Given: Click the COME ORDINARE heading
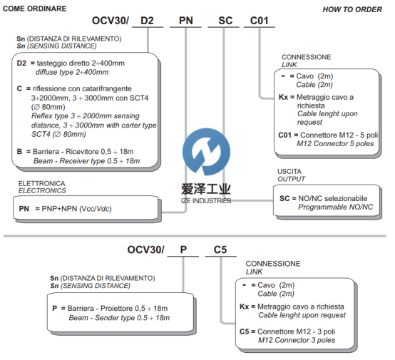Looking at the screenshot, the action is [34, 9].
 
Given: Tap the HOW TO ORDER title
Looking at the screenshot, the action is [352, 9].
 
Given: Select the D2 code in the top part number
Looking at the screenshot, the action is [147, 21].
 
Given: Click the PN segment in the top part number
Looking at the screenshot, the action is [186, 21].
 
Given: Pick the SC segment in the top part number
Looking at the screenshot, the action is [225, 21].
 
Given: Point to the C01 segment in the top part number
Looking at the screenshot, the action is [260, 21].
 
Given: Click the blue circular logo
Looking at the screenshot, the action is [206, 152].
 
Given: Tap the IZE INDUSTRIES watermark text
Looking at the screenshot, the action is [206, 201].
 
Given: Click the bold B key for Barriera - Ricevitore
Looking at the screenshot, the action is [19, 152].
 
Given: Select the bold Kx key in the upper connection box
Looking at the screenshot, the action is [283, 97].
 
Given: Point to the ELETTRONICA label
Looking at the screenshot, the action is [41, 183].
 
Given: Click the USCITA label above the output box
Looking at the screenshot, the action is [289, 171].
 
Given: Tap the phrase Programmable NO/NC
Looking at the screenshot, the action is [336, 207].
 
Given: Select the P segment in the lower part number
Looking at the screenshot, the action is [183, 250].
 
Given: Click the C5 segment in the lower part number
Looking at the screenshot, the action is [220, 250].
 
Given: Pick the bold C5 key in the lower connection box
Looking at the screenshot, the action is [244, 331].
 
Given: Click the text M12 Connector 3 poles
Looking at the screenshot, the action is [297, 340].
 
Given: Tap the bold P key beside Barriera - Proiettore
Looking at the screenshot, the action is [55, 309].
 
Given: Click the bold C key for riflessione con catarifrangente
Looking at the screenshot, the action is [19, 88].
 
